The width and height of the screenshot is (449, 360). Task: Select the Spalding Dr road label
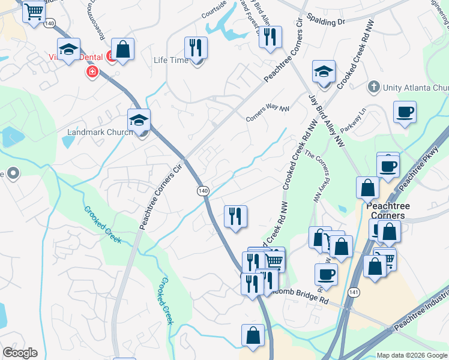(325, 21)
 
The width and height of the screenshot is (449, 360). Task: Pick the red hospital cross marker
(92, 72)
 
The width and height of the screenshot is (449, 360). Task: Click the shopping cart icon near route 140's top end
(34, 11)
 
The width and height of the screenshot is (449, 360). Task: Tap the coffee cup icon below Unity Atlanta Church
(405, 112)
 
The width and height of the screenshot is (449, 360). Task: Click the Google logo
(20, 353)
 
